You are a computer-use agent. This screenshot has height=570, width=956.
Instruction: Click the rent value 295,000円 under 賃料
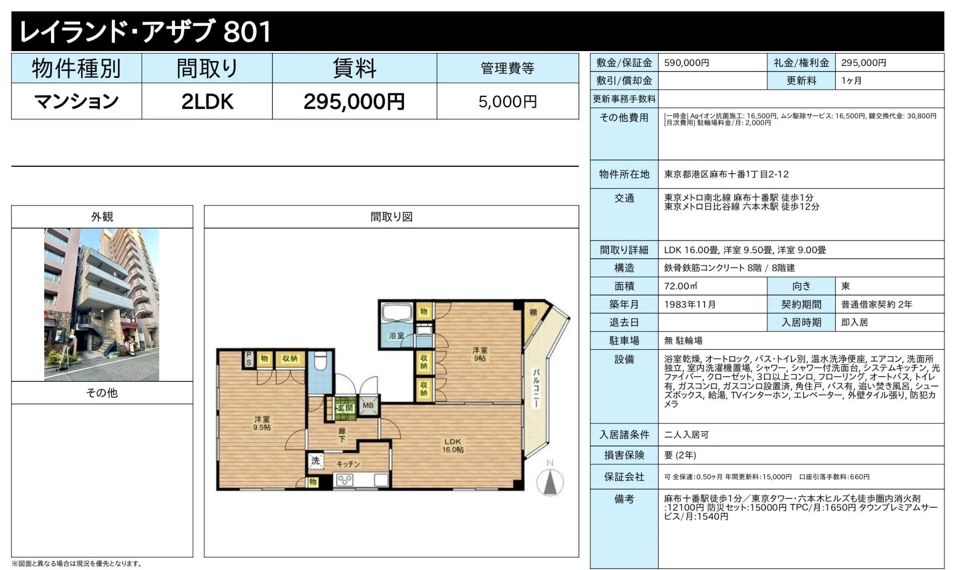354,102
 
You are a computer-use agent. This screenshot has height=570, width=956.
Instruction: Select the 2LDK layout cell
207,102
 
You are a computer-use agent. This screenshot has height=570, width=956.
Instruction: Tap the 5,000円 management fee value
508,102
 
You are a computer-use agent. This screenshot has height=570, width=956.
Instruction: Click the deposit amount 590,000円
686,63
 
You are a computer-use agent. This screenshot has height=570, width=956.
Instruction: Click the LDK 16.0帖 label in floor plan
452,446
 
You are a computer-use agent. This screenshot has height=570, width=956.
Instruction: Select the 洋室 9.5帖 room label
262,423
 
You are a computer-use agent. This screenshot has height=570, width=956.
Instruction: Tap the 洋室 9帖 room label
480,354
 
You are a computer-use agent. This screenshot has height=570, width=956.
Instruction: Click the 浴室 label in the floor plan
397,335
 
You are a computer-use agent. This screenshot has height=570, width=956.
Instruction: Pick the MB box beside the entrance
368,406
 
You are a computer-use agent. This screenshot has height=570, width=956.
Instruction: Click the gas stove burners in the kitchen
345,479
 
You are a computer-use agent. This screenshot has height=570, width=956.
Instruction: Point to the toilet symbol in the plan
321,361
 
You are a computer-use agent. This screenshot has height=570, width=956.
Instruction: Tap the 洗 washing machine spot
316,460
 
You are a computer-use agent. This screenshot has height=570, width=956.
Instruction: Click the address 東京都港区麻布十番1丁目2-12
726,174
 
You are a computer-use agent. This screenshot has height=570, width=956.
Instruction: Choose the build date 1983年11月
690,304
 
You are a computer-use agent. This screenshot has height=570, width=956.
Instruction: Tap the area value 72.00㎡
681,286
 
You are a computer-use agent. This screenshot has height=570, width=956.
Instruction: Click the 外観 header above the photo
102,217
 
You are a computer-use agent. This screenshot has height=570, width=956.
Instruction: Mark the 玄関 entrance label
345,408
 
